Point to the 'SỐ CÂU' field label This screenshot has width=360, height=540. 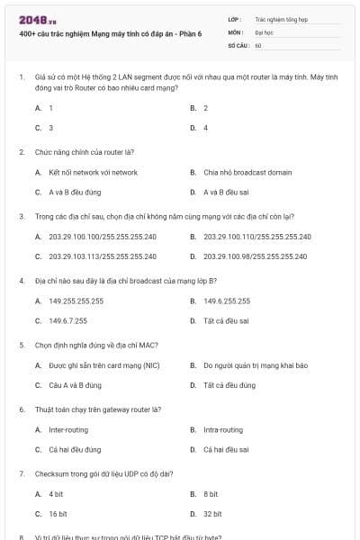238,44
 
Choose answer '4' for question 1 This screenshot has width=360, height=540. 205,128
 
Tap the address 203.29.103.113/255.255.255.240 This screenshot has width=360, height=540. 103,256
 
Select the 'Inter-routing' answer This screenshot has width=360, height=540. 68,430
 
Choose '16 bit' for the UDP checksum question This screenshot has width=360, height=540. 58,514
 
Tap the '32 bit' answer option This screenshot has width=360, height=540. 212,514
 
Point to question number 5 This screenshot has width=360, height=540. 22,346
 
